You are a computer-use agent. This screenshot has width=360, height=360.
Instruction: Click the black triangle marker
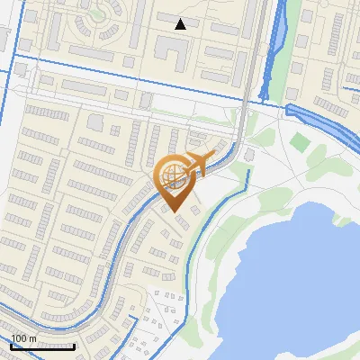[180, 24]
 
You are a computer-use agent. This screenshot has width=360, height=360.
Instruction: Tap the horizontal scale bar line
[42, 345]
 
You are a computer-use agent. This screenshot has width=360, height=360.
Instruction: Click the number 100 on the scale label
[24, 338]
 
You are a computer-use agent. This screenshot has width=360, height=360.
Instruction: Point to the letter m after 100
[34, 338]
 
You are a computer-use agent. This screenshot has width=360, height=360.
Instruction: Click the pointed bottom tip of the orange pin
[174, 212]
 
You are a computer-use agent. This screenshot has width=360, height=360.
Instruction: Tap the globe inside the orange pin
[174, 177]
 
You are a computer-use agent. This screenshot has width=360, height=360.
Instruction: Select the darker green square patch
[301, 141]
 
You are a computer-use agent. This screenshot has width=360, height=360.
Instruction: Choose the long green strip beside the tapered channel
[292, 45]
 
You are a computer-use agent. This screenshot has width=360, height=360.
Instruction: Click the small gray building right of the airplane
[249, 155]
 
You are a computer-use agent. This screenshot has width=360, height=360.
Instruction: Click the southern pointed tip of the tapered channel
[264, 97]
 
